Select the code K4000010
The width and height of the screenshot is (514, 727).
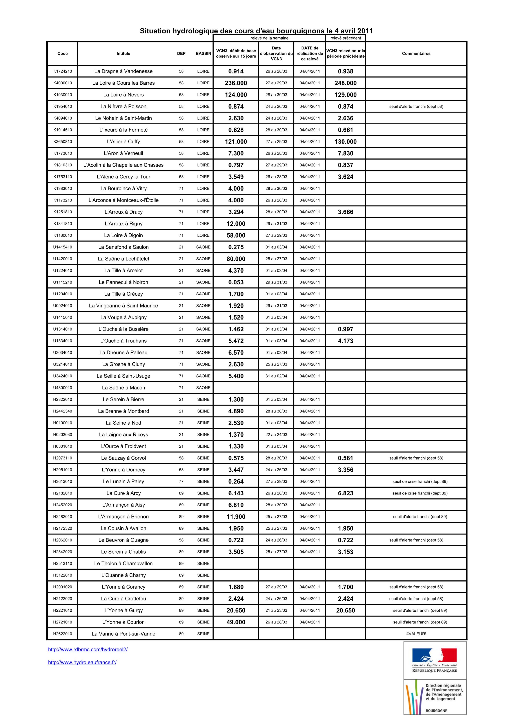(62, 83)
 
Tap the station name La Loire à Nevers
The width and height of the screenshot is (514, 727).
(123, 95)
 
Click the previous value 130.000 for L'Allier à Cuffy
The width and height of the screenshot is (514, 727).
(345, 142)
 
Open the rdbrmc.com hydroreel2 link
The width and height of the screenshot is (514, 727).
(88, 649)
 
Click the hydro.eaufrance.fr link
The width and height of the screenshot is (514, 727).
(82, 662)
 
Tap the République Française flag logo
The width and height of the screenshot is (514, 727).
(434, 655)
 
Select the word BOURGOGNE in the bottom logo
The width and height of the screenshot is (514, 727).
(436, 711)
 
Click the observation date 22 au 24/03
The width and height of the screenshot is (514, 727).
(276, 434)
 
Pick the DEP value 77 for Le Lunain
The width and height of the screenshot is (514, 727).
(181, 481)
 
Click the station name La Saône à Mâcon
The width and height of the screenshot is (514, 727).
(123, 387)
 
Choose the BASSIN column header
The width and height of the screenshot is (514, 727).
(203, 53)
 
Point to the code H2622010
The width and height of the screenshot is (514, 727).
(62, 634)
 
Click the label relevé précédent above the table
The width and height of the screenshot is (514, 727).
(345, 38)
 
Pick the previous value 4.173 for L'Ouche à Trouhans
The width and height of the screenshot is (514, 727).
(345, 341)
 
